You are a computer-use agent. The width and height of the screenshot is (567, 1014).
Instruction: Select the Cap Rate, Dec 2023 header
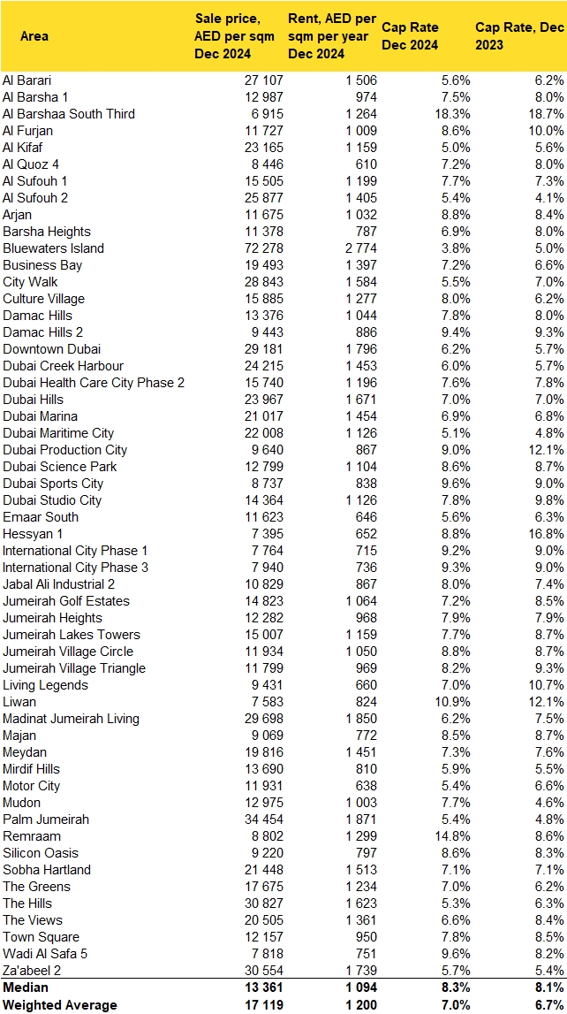[519, 36]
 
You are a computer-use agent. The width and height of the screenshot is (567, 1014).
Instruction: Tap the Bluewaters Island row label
[53, 248]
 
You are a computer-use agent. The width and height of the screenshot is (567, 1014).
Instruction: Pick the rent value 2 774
[356, 248]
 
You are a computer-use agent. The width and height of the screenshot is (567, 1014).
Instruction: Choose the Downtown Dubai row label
[48, 349]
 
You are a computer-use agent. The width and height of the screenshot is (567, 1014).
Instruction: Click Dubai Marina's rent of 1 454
[358, 416]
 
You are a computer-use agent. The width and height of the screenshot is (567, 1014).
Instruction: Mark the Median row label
[27, 987]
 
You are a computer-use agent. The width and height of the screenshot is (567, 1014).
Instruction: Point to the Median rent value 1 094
[358, 987]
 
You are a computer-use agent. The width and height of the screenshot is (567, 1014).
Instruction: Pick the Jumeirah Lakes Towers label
[72, 635]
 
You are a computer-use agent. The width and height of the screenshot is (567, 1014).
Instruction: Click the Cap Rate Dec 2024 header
[410, 36]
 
